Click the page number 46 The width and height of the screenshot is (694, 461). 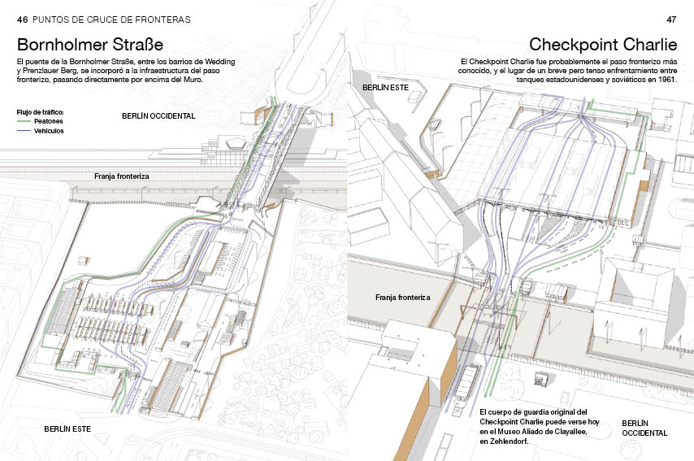point(23,20)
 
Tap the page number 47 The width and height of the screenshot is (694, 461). point(671,20)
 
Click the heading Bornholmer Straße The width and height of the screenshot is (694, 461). point(90,44)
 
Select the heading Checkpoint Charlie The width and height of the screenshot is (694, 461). point(603,44)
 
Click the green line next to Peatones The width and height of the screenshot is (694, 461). point(24,121)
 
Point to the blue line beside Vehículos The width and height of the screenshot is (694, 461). point(24,131)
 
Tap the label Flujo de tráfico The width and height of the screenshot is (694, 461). point(41,112)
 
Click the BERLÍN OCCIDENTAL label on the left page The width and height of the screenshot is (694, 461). point(158,116)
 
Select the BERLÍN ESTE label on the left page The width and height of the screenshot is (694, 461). point(67,428)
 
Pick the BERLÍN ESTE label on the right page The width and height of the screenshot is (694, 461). point(385,88)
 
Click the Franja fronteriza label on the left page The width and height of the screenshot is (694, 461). point(122,176)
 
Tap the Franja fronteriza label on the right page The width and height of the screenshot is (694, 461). point(403,297)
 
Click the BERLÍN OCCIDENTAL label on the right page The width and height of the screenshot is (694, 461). point(644,428)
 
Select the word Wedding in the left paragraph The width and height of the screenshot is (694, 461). point(220,62)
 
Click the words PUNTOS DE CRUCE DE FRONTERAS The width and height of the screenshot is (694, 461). point(111,20)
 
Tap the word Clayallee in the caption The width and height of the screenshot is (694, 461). point(570,432)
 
